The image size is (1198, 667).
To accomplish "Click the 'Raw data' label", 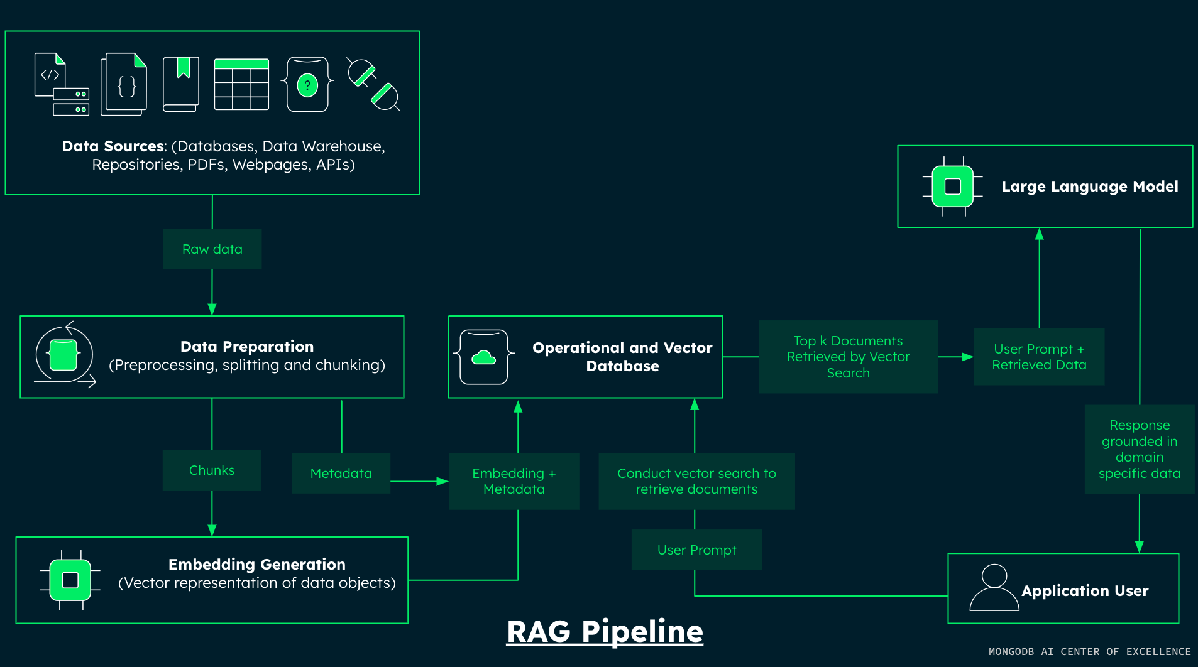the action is point(212,249).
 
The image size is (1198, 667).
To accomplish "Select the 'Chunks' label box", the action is point(212,470).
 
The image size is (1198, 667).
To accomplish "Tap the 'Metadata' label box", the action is point(341,474).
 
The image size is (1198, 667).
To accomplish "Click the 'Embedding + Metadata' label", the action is point(514,481).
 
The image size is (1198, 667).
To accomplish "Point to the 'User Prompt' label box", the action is point(697,550).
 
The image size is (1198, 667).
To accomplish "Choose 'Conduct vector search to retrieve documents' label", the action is point(697,481).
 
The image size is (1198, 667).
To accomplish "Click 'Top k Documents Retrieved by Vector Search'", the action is point(849,357).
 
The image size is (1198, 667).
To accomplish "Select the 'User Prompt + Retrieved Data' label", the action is point(1040,357).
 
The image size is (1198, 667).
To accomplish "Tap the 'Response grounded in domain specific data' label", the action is point(1140,449).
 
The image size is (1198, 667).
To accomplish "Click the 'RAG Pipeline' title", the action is point(605,632).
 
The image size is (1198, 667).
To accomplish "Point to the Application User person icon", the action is point(994,588).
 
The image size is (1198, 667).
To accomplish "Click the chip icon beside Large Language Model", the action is point(953,187).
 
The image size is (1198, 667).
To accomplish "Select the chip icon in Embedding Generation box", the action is point(70,580).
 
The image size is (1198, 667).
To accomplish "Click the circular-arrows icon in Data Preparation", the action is point(65,355).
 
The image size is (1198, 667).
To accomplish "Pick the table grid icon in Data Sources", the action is point(241,85).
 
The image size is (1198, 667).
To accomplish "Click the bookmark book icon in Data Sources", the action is point(181,84).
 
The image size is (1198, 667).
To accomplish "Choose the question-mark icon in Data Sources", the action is point(307,84).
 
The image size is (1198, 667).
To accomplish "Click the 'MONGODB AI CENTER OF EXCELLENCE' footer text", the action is point(1090,652).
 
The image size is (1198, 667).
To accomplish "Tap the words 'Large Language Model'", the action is point(1090,187).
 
